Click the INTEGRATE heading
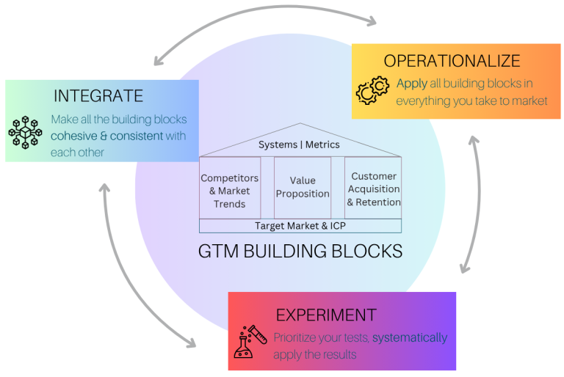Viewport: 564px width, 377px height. tap(98, 96)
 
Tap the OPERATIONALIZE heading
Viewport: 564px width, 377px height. tap(452, 61)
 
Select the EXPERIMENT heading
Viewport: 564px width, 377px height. tap(326, 315)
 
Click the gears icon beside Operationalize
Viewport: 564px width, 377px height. tap(372, 90)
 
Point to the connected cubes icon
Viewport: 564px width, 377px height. tap(25, 133)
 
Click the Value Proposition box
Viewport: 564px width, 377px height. tap(303, 187)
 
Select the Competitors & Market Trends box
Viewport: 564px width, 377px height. tap(230, 191)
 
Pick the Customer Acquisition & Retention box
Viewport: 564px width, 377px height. tap(374, 188)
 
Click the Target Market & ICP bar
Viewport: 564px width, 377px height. tap(300, 226)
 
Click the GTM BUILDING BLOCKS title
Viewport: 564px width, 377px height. tap(300, 251)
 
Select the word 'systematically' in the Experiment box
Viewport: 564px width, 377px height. tap(410, 338)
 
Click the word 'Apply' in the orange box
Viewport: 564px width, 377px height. tap(411, 83)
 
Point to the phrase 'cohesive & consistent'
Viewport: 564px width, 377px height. tap(118, 136)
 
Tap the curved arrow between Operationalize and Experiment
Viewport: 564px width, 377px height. tap(471, 205)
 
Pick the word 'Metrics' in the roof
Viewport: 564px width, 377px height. tap(322, 144)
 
